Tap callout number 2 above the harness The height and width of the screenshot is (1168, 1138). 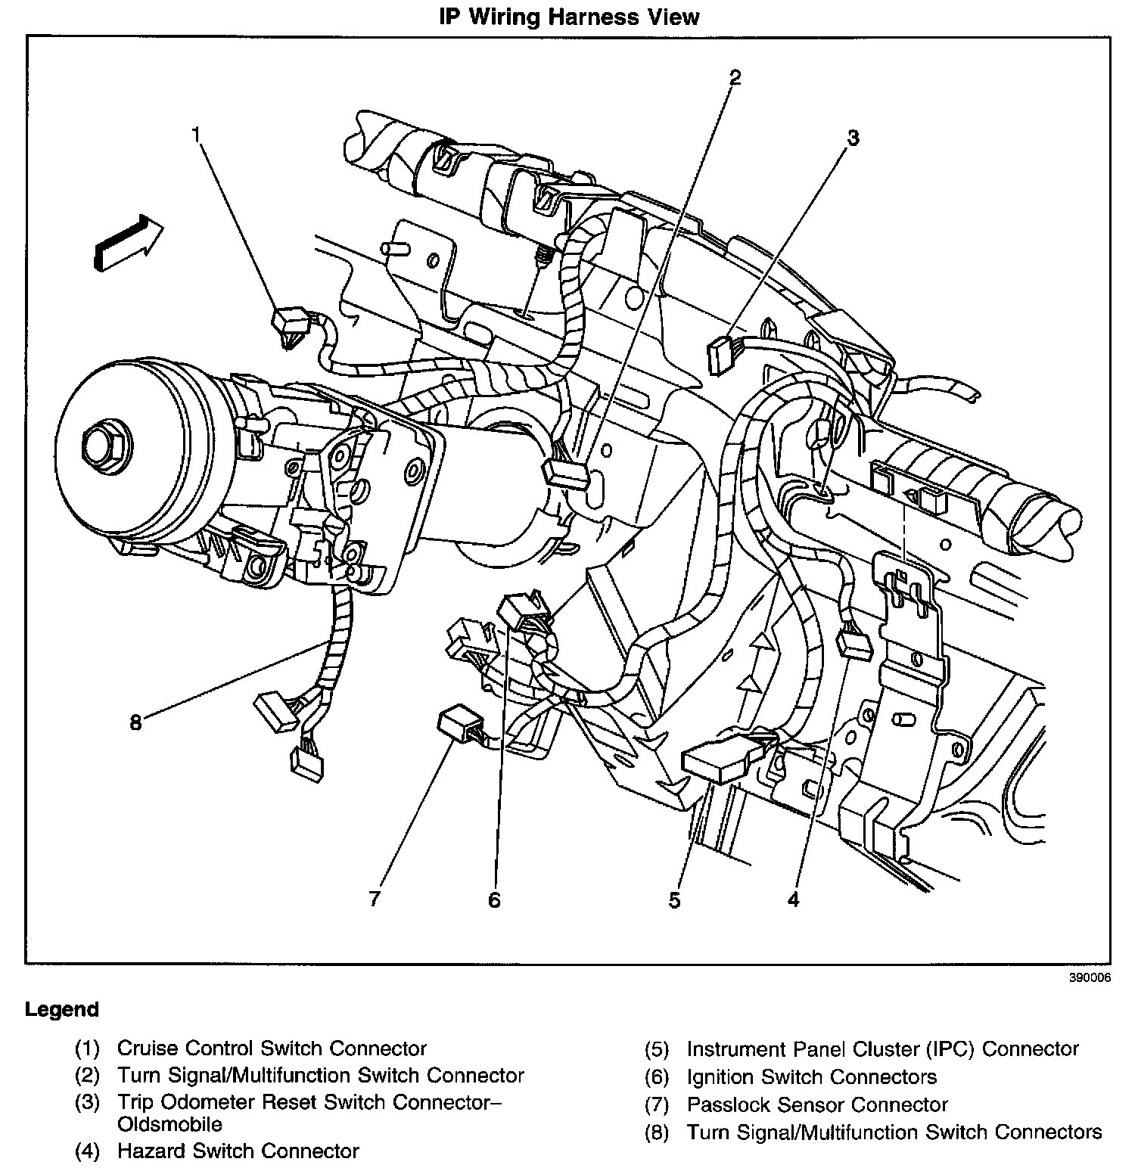(x=734, y=76)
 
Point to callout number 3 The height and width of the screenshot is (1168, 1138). (x=852, y=138)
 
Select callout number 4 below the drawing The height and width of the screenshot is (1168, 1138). (x=792, y=899)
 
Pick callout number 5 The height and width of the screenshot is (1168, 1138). (x=674, y=900)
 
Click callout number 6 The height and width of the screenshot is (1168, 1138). (x=494, y=900)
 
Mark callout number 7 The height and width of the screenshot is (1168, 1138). (x=374, y=899)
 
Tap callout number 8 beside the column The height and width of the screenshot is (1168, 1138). (x=135, y=723)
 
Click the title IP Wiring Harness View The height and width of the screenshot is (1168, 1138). (x=569, y=17)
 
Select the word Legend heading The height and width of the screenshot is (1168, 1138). (x=62, y=1010)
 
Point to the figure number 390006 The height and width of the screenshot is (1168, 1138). (x=1090, y=977)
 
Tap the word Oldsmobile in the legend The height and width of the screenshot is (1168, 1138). (x=169, y=1123)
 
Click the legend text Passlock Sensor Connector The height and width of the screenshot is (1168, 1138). (x=817, y=1104)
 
